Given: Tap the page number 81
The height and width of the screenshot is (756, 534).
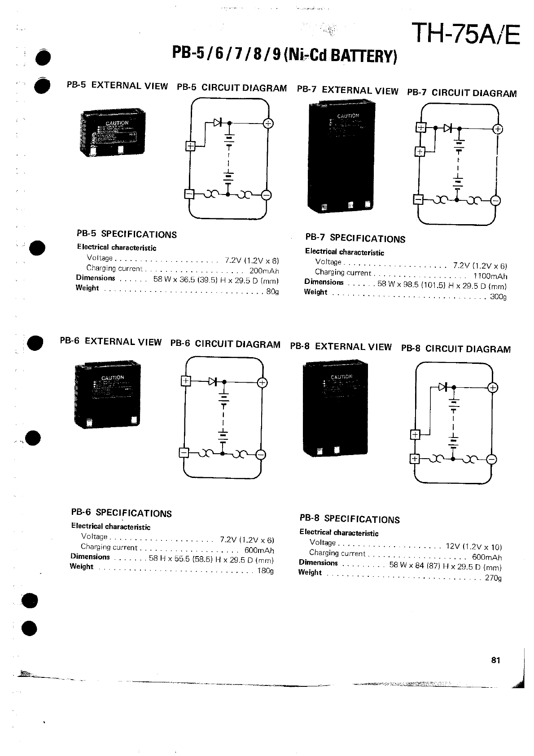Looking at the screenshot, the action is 495,660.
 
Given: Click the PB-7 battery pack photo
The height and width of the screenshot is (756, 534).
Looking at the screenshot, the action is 341,157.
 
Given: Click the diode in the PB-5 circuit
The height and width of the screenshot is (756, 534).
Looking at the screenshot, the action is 219,122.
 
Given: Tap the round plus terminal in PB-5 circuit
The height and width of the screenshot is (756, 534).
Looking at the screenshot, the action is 268,123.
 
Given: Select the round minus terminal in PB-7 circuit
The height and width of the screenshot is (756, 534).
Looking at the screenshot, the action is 495,200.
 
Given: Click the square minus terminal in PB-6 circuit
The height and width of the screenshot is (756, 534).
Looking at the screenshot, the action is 184,453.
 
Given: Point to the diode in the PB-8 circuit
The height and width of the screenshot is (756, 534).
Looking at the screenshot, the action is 443,387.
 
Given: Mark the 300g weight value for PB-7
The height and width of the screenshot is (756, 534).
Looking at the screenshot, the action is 498,296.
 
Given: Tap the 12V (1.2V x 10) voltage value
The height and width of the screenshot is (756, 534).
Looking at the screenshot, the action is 473,547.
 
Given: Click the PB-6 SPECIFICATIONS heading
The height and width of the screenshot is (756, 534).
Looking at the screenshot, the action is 121,513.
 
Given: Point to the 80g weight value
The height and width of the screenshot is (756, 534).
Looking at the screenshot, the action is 272,292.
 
